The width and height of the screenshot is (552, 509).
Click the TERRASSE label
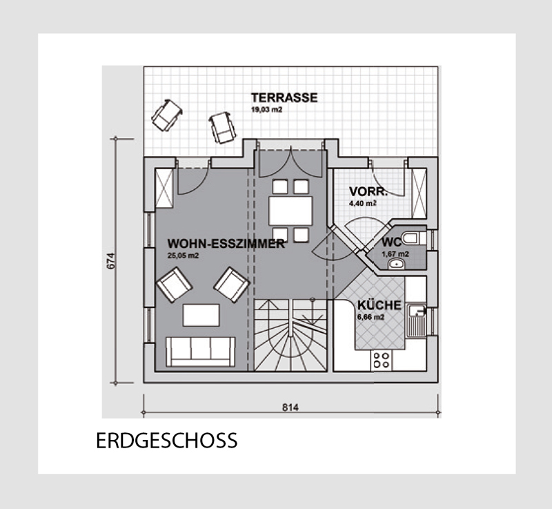[x=284, y=97]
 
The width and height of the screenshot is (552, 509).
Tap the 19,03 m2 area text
[x=266, y=110]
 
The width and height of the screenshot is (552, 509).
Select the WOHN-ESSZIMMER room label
[x=226, y=244]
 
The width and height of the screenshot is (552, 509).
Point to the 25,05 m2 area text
[x=183, y=256]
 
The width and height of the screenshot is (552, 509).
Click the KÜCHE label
[x=379, y=305]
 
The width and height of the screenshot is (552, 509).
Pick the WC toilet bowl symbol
[x=411, y=238]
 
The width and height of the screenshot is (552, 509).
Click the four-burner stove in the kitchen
[x=382, y=361]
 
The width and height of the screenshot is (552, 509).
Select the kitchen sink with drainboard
[x=417, y=320]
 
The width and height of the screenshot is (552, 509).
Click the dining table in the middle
[x=290, y=211]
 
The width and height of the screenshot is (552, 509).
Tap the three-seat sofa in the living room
[x=200, y=352]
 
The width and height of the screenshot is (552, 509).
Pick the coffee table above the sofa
[x=201, y=315]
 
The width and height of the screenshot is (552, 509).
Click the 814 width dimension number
[x=290, y=407]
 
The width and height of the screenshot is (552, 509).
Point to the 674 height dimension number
[x=110, y=261]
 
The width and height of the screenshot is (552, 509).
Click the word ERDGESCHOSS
[x=166, y=441]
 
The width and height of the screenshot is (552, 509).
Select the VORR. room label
[x=368, y=192]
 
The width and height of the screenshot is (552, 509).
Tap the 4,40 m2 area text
[x=363, y=204]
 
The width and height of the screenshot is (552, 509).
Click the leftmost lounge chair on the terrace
[x=167, y=115]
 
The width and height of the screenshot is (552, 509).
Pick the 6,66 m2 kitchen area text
[x=371, y=317]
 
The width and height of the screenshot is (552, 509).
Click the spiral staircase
[x=290, y=335]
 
